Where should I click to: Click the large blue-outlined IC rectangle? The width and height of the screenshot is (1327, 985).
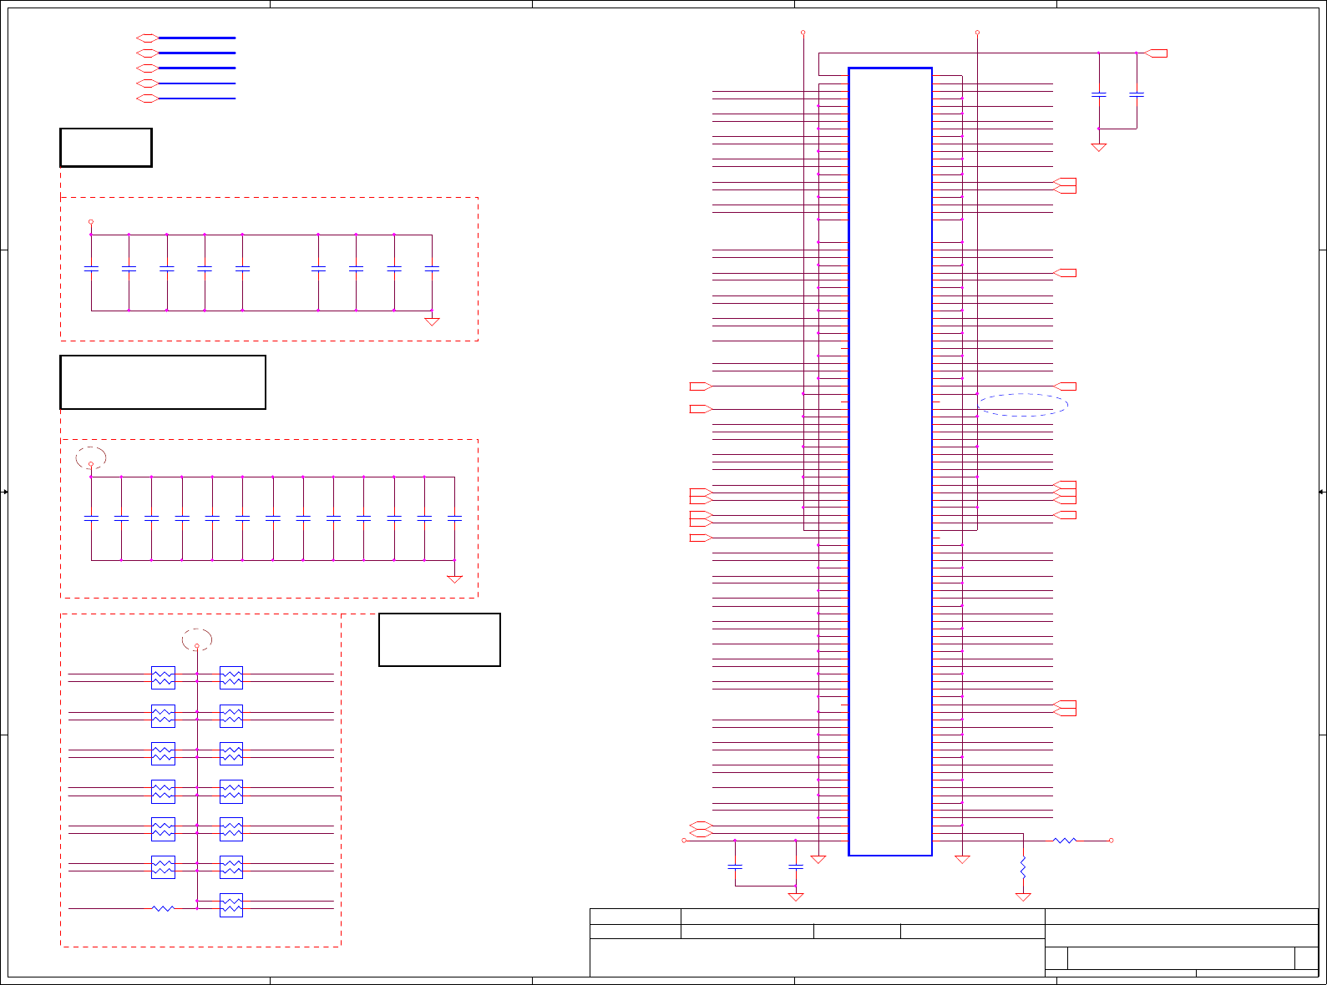click(890, 462)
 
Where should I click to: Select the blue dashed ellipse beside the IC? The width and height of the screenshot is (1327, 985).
click(1023, 405)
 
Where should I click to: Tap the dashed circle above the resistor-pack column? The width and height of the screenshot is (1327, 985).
click(197, 639)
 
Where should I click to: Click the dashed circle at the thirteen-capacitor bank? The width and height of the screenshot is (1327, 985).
click(91, 457)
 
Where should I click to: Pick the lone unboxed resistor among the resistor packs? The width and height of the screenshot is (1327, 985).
click(163, 908)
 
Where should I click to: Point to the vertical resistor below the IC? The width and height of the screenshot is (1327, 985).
click(1023, 868)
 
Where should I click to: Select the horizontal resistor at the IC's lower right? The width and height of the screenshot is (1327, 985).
click(1065, 841)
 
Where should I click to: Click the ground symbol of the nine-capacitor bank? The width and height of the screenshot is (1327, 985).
click(432, 321)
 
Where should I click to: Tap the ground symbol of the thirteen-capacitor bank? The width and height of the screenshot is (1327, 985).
click(454, 578)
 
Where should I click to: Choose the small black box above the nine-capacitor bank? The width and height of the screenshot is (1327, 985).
click(106, 148)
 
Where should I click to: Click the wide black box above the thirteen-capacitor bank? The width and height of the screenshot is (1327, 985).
click(163, 382)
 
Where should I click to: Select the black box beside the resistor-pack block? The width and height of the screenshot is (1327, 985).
click(439, 639)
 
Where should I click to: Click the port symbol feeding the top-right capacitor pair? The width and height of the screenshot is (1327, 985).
click(1156, 53)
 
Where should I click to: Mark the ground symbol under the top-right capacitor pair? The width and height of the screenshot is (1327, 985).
click(1099, 147)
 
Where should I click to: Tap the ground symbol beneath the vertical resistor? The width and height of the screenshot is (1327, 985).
click(1023, 897)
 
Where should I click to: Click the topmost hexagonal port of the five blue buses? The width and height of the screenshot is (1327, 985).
click(147, 38)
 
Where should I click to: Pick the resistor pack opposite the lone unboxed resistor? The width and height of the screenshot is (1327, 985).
click(231, 905)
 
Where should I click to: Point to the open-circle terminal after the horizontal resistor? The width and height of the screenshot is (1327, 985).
click(1111, 841)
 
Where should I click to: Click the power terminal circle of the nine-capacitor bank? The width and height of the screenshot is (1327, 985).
click(91, 222)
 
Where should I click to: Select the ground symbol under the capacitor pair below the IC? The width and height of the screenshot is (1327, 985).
click(796, 897)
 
